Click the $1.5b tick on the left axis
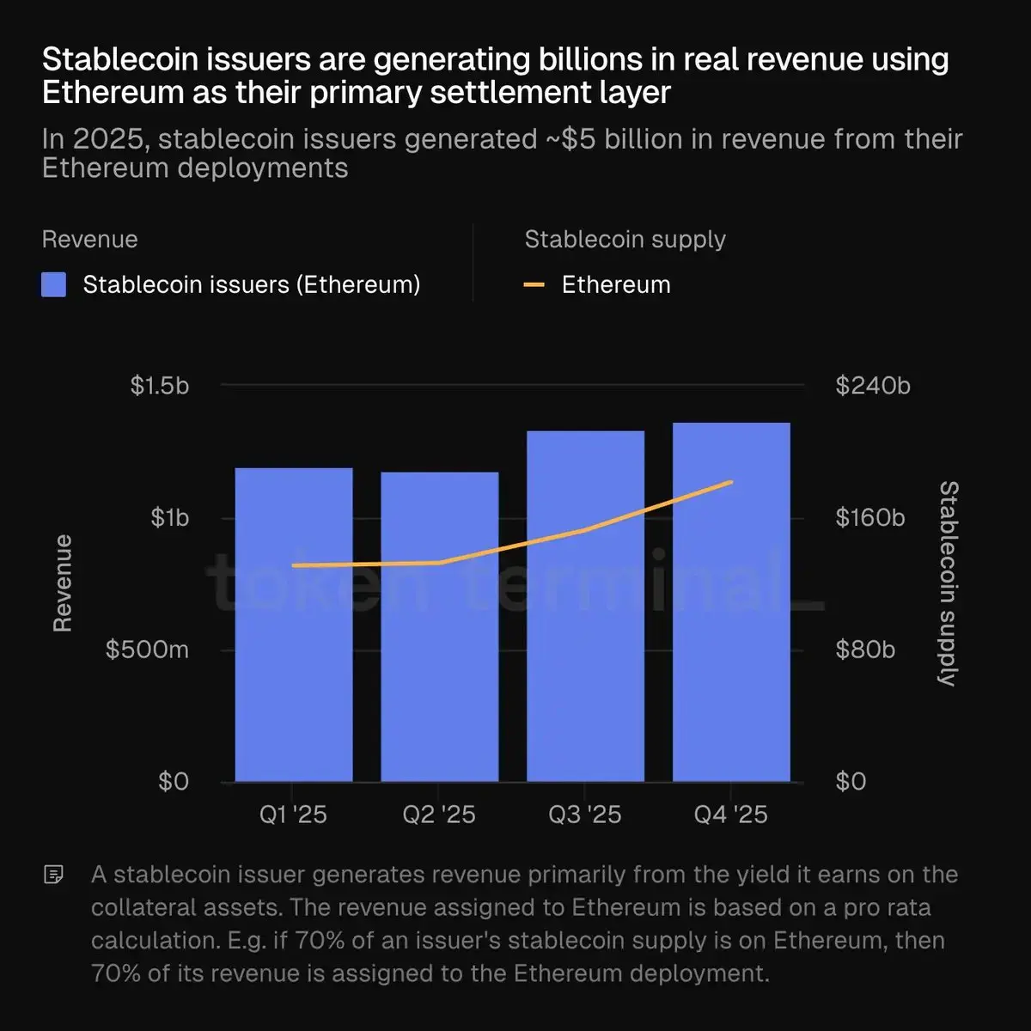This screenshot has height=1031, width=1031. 160,386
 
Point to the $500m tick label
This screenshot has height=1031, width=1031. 147,650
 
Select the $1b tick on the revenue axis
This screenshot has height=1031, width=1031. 169,518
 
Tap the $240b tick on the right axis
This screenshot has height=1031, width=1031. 873,386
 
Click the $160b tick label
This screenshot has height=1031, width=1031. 870,518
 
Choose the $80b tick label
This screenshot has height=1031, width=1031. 865,650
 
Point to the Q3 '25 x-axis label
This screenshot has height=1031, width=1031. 585,814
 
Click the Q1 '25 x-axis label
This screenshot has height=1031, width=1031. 294,814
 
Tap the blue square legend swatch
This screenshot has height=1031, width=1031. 54,285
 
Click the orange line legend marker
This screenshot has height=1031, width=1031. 534,285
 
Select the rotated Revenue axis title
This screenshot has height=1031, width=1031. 63,583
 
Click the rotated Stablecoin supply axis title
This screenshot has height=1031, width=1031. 948,583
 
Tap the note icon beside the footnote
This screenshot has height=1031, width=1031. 53,875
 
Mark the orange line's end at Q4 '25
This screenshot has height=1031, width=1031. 731,482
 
